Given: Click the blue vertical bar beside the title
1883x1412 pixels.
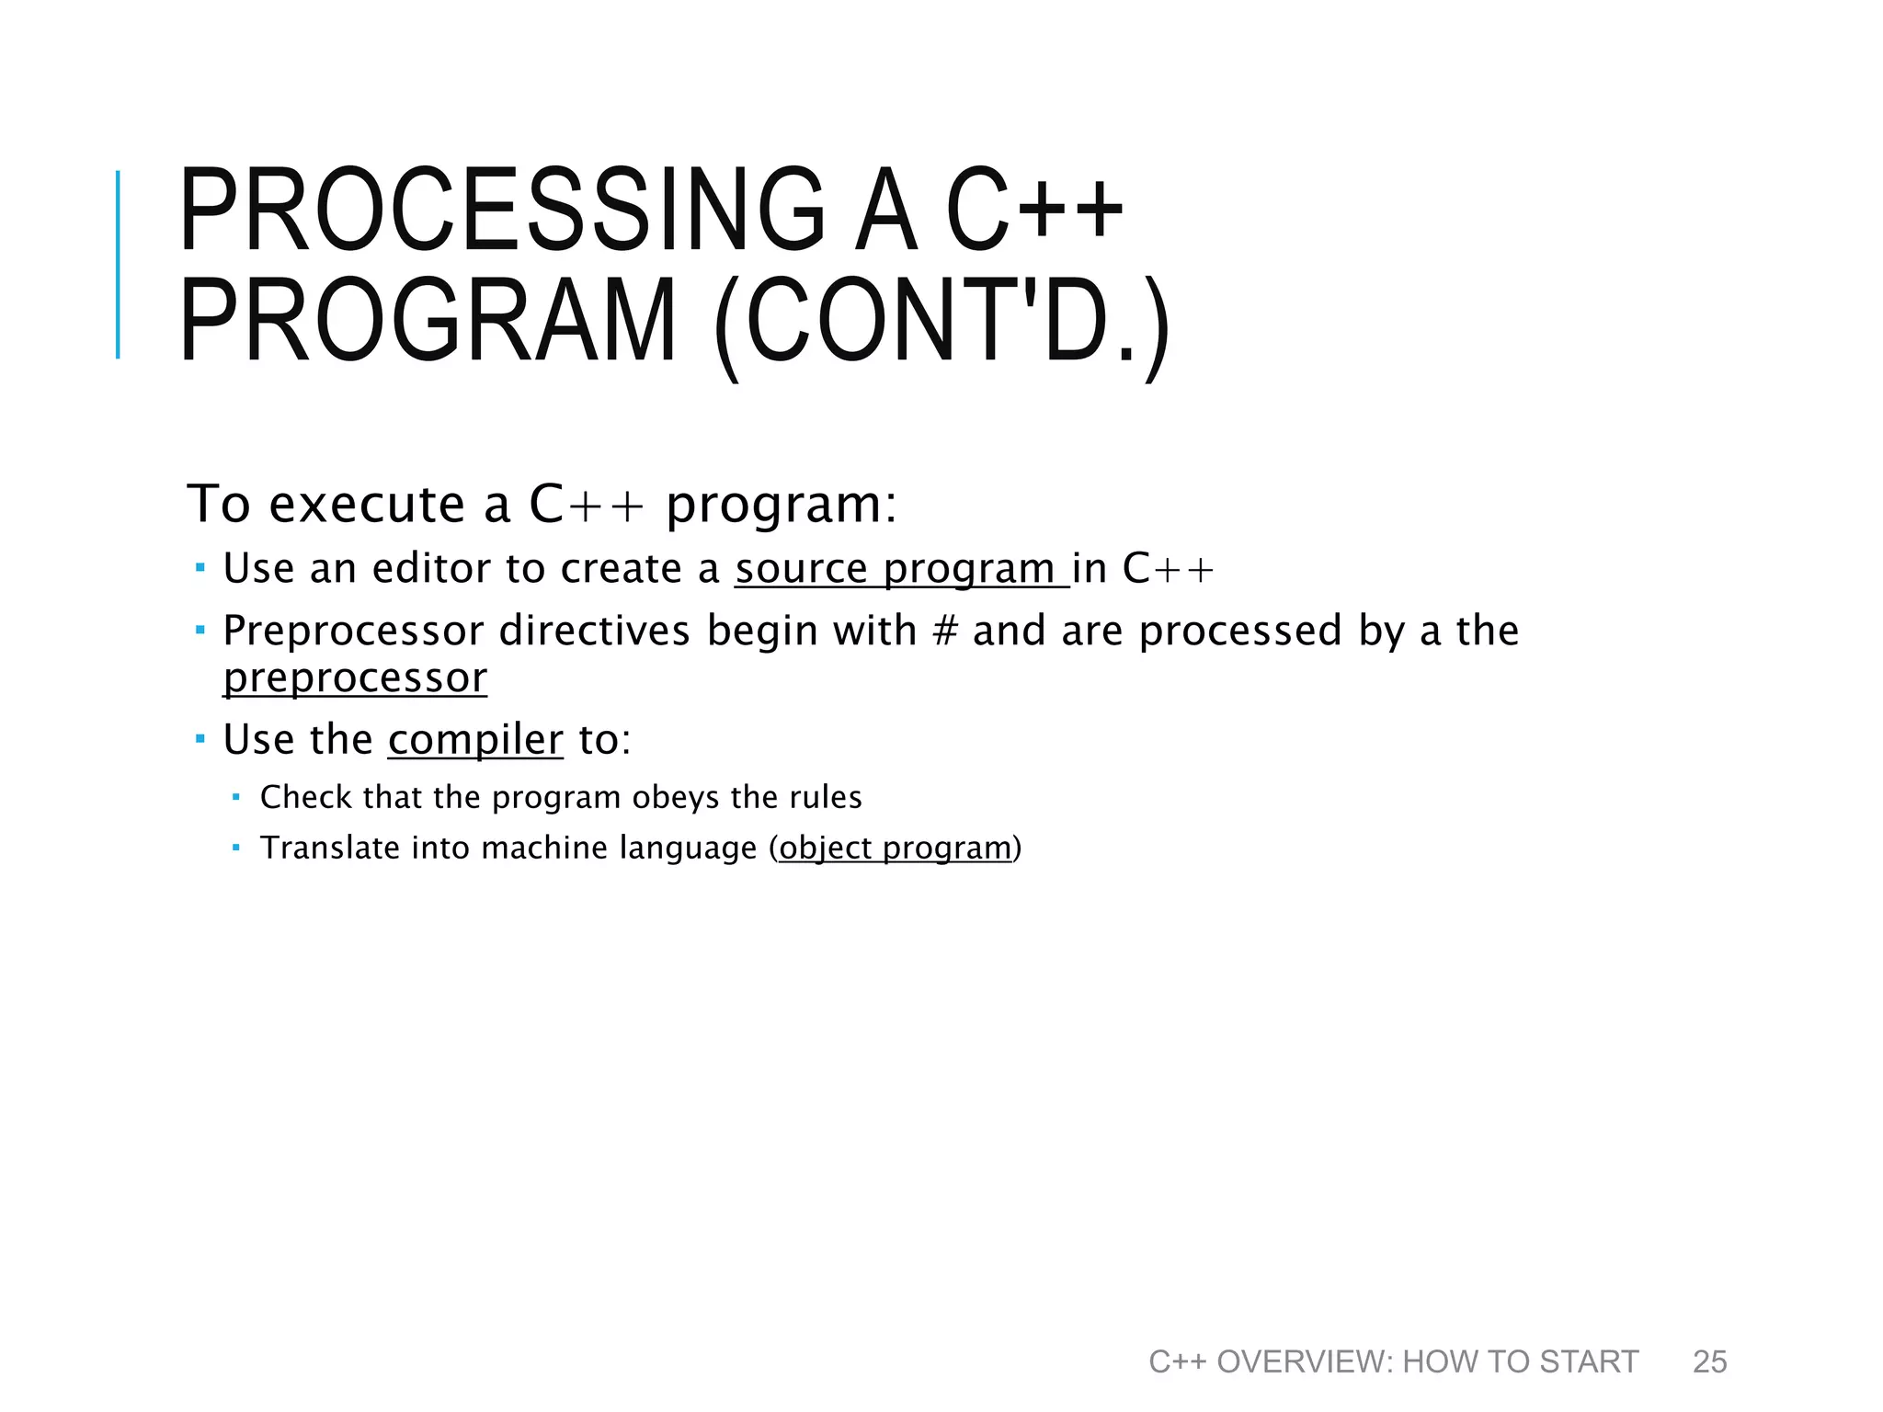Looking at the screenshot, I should pos(118,265).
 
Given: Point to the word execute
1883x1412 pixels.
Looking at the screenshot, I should pos(366,505).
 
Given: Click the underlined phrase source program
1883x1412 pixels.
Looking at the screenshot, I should pos(901,568).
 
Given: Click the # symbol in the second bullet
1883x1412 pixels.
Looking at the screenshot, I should pos(945,632).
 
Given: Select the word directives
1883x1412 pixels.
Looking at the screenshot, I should pos(594,632).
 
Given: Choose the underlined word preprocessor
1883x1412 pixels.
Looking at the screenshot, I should pos(355,678).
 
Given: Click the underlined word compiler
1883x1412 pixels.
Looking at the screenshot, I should pos(475,740).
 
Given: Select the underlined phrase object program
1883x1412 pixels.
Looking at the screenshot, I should pos(895,848).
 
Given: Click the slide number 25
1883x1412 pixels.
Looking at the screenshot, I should pos(1709,1361).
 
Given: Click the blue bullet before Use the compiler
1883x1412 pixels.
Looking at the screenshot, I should pos(200,739).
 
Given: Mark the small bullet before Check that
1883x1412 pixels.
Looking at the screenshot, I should pos(236,797).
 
